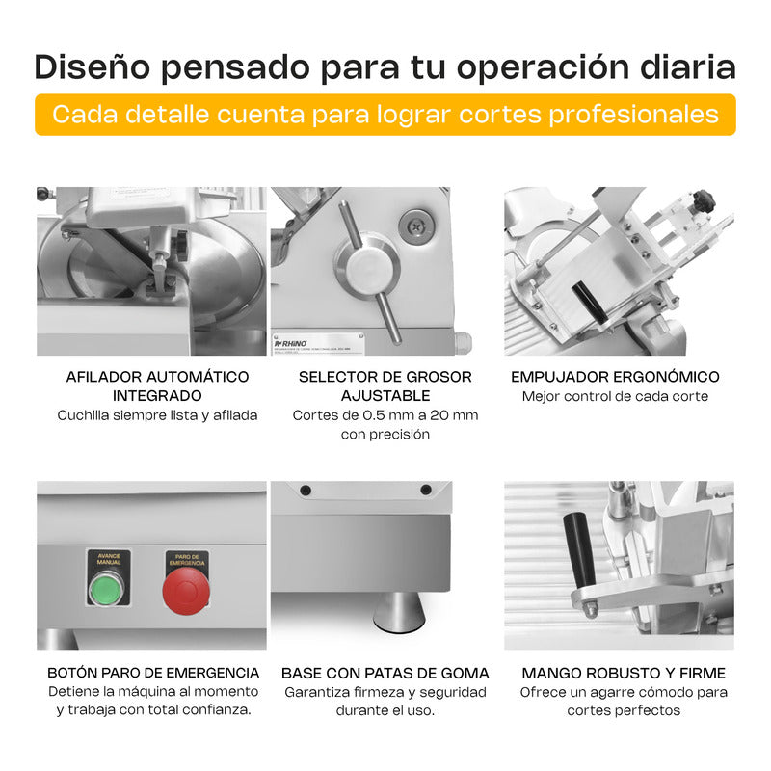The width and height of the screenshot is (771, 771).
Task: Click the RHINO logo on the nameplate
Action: click(292, 341)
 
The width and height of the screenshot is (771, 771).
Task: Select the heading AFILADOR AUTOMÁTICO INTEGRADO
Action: click(157, 385)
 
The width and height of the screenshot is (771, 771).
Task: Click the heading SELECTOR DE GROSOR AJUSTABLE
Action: click(385, 385)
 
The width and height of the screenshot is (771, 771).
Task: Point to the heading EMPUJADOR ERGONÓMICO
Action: click(615, 377)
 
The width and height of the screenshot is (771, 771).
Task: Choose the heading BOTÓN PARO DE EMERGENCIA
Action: click(153, 673)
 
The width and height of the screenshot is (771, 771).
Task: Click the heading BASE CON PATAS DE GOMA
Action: click(385, 673)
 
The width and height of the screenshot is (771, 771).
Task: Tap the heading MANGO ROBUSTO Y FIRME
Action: click(624, 673)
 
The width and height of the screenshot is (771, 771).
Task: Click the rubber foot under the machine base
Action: click(394, 611)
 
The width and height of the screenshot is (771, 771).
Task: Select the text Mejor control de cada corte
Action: click(615, 396)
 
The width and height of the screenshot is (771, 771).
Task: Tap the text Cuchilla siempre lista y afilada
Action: click(157, 415)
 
